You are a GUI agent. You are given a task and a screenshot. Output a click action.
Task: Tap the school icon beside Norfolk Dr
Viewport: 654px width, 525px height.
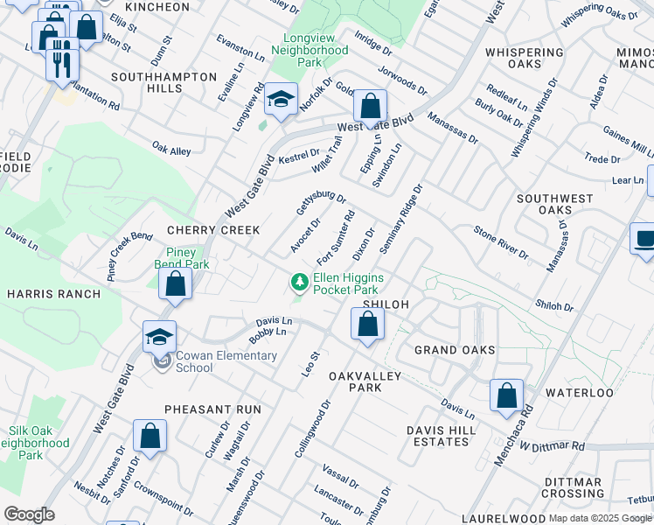coord(281,100)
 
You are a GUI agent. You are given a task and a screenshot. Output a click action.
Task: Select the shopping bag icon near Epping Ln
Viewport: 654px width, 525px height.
coord(371,107)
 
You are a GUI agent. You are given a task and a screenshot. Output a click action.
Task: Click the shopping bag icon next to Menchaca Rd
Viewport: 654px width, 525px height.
coord(506,395)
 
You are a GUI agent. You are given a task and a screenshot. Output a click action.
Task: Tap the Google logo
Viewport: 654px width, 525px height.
coord(29,514)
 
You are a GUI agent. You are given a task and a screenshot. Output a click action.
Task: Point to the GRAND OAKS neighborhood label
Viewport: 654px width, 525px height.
coord(454,350)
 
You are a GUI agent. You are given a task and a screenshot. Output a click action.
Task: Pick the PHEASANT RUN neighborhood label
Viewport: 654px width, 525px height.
coord(212,409)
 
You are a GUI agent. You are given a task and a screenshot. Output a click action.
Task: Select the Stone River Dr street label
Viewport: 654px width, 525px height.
coord(500,243)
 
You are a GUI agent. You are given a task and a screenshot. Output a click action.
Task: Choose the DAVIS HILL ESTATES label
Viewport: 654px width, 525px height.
coord(442,436)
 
